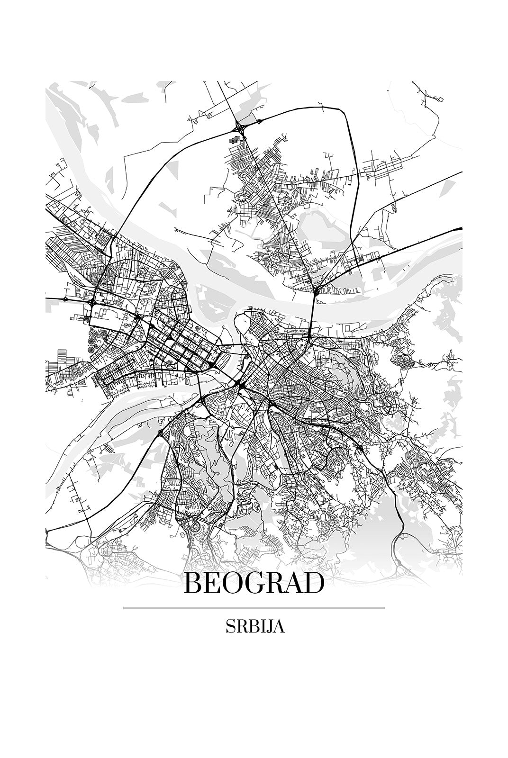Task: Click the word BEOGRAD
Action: click(254, 584)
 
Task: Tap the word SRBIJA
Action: click(254, 627)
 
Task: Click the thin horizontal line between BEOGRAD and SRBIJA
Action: click(254, 607)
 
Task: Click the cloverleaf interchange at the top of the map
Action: click(238, 126)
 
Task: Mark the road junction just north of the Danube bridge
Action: click(315, 289)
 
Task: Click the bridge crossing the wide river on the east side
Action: click(312, 313)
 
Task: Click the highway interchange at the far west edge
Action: click(65, 299)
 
